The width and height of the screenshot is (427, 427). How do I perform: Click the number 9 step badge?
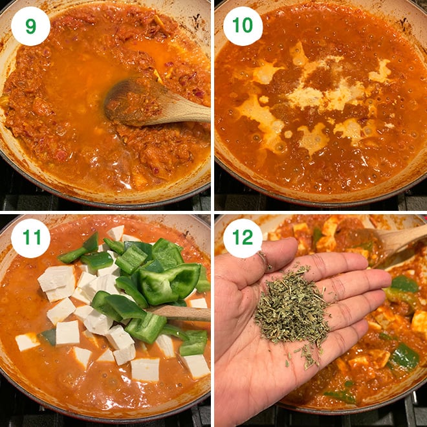(30, 26)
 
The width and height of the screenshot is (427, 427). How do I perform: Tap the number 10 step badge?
(243, 26)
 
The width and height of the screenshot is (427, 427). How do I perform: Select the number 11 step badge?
(30, 238)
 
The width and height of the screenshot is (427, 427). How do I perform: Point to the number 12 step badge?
(243, 238)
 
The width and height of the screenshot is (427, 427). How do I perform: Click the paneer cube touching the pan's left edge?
(27, 341)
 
